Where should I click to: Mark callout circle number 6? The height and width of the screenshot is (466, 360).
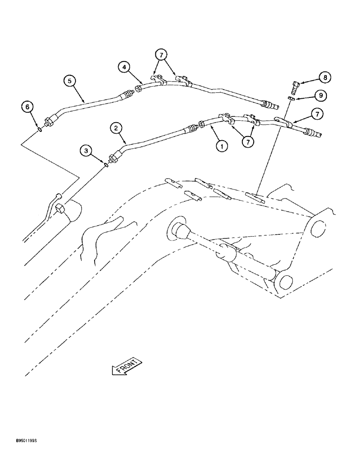(28, 108)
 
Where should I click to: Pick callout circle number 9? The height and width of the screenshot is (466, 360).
(320, 96)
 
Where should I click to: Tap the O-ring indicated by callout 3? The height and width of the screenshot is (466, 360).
(107, 164)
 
